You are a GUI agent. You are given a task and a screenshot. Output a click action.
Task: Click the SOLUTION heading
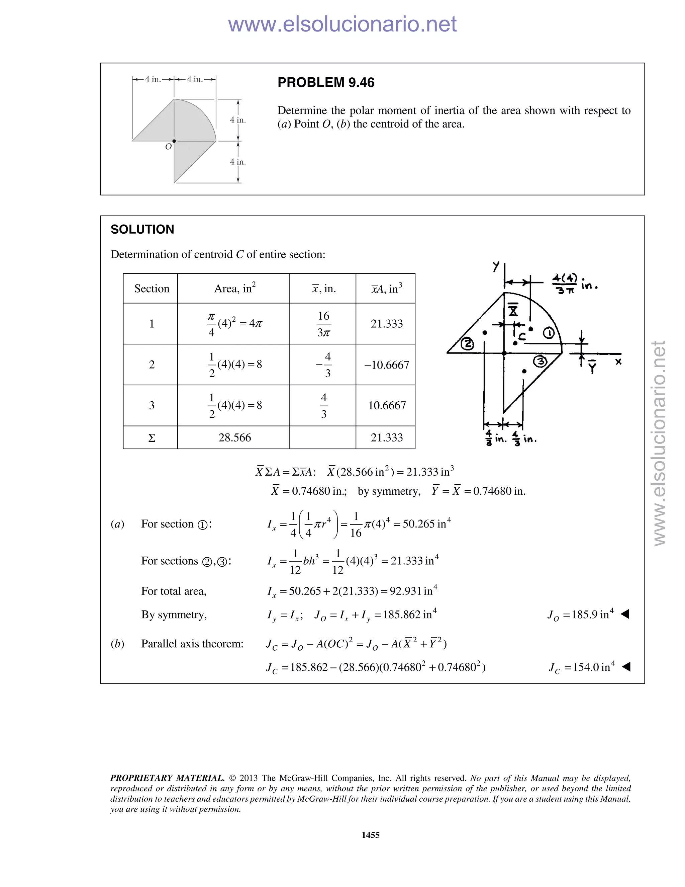point(142,230)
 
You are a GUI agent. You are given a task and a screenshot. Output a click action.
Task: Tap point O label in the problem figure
point(168,147)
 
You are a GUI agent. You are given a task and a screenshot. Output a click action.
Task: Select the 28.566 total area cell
point(234,437)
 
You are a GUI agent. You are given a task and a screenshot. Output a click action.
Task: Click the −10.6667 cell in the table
point(386,365)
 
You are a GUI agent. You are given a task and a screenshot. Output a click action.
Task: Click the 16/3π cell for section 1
point(323,324)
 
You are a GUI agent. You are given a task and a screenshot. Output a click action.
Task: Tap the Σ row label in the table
point(152,438)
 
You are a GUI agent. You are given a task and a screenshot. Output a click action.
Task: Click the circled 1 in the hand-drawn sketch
point(549,333)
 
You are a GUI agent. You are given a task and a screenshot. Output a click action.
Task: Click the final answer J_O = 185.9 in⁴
point(580,615)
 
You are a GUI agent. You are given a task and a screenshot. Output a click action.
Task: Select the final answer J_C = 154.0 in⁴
point(582,668)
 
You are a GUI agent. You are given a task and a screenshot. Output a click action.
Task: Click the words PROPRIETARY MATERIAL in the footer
point(167,778)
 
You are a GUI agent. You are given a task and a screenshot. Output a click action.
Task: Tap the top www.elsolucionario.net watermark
point(342,24)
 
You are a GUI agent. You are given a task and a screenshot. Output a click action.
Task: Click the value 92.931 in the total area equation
point(405,591)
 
